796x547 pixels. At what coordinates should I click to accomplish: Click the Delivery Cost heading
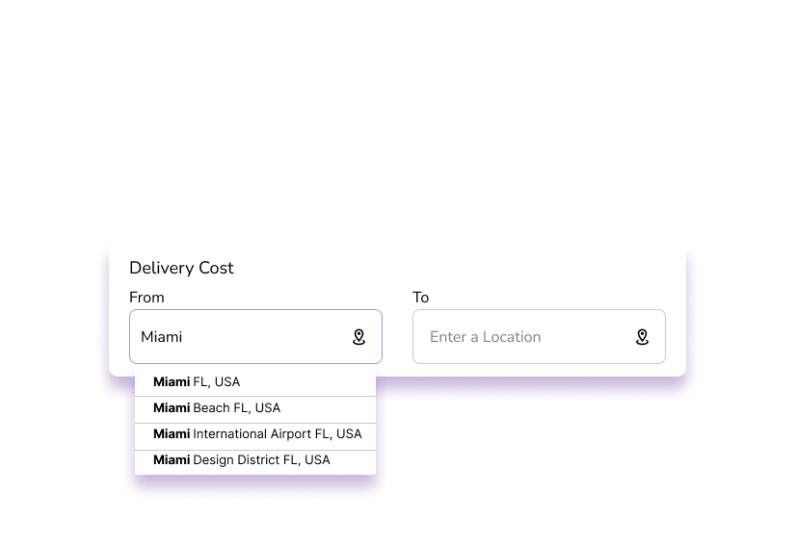(181, 268)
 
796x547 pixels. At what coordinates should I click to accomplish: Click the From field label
(146, 298)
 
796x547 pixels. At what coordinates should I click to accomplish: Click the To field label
(420, 298)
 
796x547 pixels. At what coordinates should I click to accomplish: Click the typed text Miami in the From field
(162, 337)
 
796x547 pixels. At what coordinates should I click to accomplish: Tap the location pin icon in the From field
(358, 337)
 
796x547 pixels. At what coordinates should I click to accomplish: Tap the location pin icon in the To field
(642, 337)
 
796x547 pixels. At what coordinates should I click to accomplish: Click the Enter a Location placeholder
(486, 337)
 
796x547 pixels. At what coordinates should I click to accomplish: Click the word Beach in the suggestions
(211, 408)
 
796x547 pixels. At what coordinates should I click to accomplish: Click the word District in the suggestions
(258, 459)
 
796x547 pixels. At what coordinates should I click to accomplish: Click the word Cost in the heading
(216, 268)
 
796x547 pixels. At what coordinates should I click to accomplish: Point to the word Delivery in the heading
(162, 269)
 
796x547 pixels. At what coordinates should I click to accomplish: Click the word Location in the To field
(512, 337)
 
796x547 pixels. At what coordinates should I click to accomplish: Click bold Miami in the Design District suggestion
(172, 459)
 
